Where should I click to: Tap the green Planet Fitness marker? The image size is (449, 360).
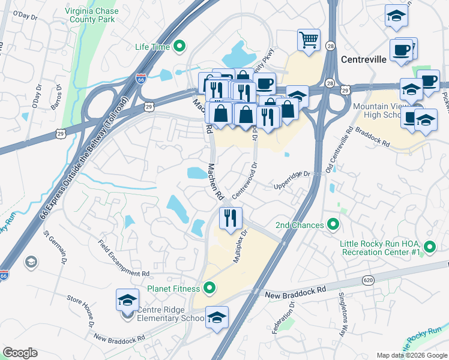(209, 289)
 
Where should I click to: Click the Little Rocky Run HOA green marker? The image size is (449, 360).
(430, 247)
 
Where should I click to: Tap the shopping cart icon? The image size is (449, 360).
(309, 40)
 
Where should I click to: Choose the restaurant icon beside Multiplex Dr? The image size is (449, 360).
(231, 218)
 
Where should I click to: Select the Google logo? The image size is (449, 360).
(20, 353)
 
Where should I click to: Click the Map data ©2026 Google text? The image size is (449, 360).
(412, 355)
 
